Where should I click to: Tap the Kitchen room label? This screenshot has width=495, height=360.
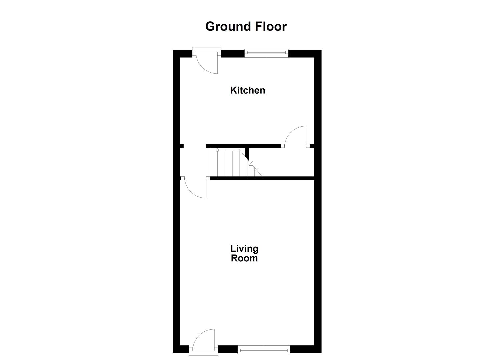248,90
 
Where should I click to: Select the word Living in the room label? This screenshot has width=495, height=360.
244,249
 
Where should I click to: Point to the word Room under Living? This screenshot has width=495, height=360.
244,258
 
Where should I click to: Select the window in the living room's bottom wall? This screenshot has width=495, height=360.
264,350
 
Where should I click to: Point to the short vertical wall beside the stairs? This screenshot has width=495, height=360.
247,154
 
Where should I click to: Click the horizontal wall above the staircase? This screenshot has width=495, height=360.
243,146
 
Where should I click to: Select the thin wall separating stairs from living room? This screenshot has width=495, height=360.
262,178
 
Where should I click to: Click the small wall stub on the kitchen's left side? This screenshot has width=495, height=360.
182,146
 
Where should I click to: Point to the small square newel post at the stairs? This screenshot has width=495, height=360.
217,150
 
